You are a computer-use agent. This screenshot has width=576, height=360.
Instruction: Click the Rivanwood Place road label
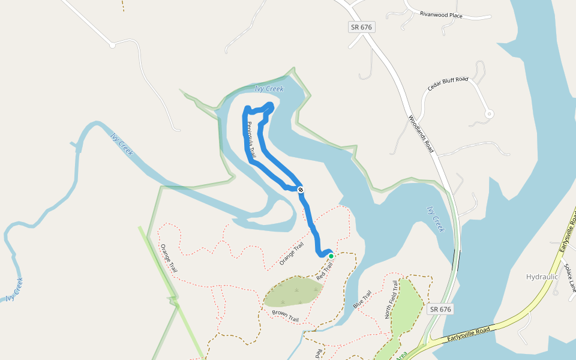[x=441, y=15]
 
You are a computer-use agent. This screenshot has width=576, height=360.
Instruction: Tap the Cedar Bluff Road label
[x=448, y=85]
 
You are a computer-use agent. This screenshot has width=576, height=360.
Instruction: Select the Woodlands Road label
[x=421, y=134]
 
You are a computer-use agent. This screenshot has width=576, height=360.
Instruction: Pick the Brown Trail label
[x=285, y=316]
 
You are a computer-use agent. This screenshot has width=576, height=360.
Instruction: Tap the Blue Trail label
[x=362, y=300]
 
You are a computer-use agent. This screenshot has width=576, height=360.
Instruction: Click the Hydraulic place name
[x=542, y=277]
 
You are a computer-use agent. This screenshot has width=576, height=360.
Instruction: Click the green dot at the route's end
[x=331, y=256]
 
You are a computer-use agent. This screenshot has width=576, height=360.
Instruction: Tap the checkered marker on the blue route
[x=301, y=190]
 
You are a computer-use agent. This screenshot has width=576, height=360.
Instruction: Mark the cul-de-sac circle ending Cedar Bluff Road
[x=489, y=113]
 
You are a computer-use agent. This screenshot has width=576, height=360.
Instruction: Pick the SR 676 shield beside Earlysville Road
[x=440, y=309]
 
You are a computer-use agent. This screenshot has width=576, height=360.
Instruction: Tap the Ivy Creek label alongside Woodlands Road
[x=436, y=219]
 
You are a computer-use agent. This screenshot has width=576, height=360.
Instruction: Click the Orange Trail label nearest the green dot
[x=292, y=254]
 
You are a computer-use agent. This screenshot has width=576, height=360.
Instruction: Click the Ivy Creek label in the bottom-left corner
[x=14, y=289]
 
